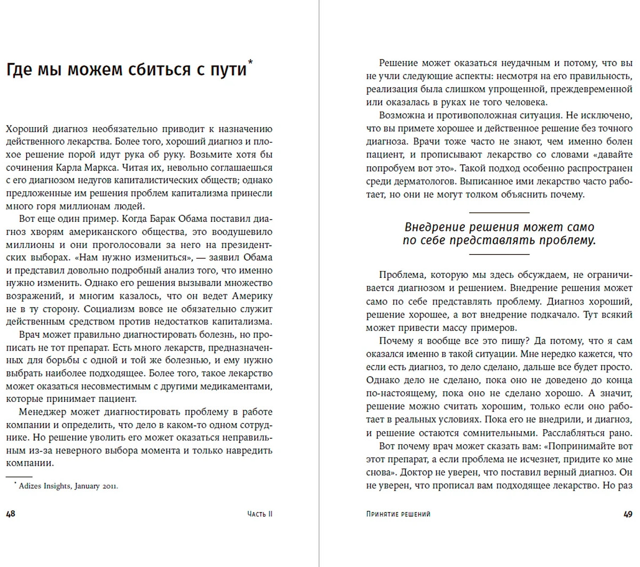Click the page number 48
point(11,514)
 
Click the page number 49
point(628,514)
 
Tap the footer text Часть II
point(260,514)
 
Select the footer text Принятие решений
point(398,514)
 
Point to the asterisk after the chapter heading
point(251,63)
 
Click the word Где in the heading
point(19,70)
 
